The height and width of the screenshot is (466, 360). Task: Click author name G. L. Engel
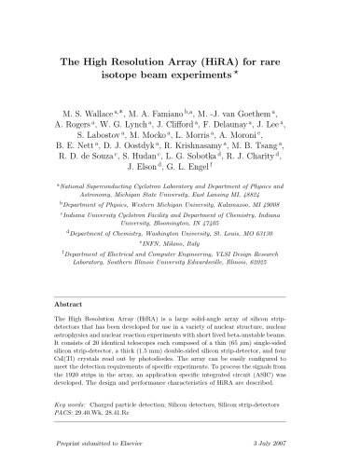[x=195, y=173]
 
